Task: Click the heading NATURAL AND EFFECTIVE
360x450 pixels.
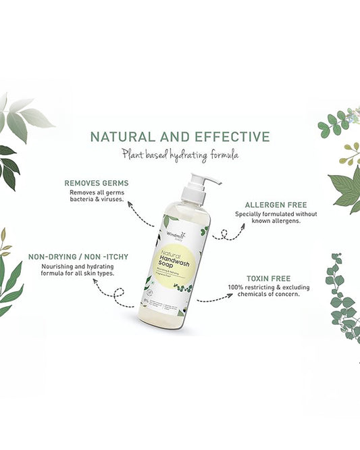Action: [x=180, y=137]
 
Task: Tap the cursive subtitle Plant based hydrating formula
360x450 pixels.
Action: [x=180, y=155]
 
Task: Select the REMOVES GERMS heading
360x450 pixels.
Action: [x=96, y=182]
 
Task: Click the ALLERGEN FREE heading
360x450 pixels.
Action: [x=267, y=204]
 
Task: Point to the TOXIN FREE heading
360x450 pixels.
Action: [x=269, y=277]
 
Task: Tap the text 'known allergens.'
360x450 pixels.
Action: [x=267, y=222]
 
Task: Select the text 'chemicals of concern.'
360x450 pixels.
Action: [x=267, y=295]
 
